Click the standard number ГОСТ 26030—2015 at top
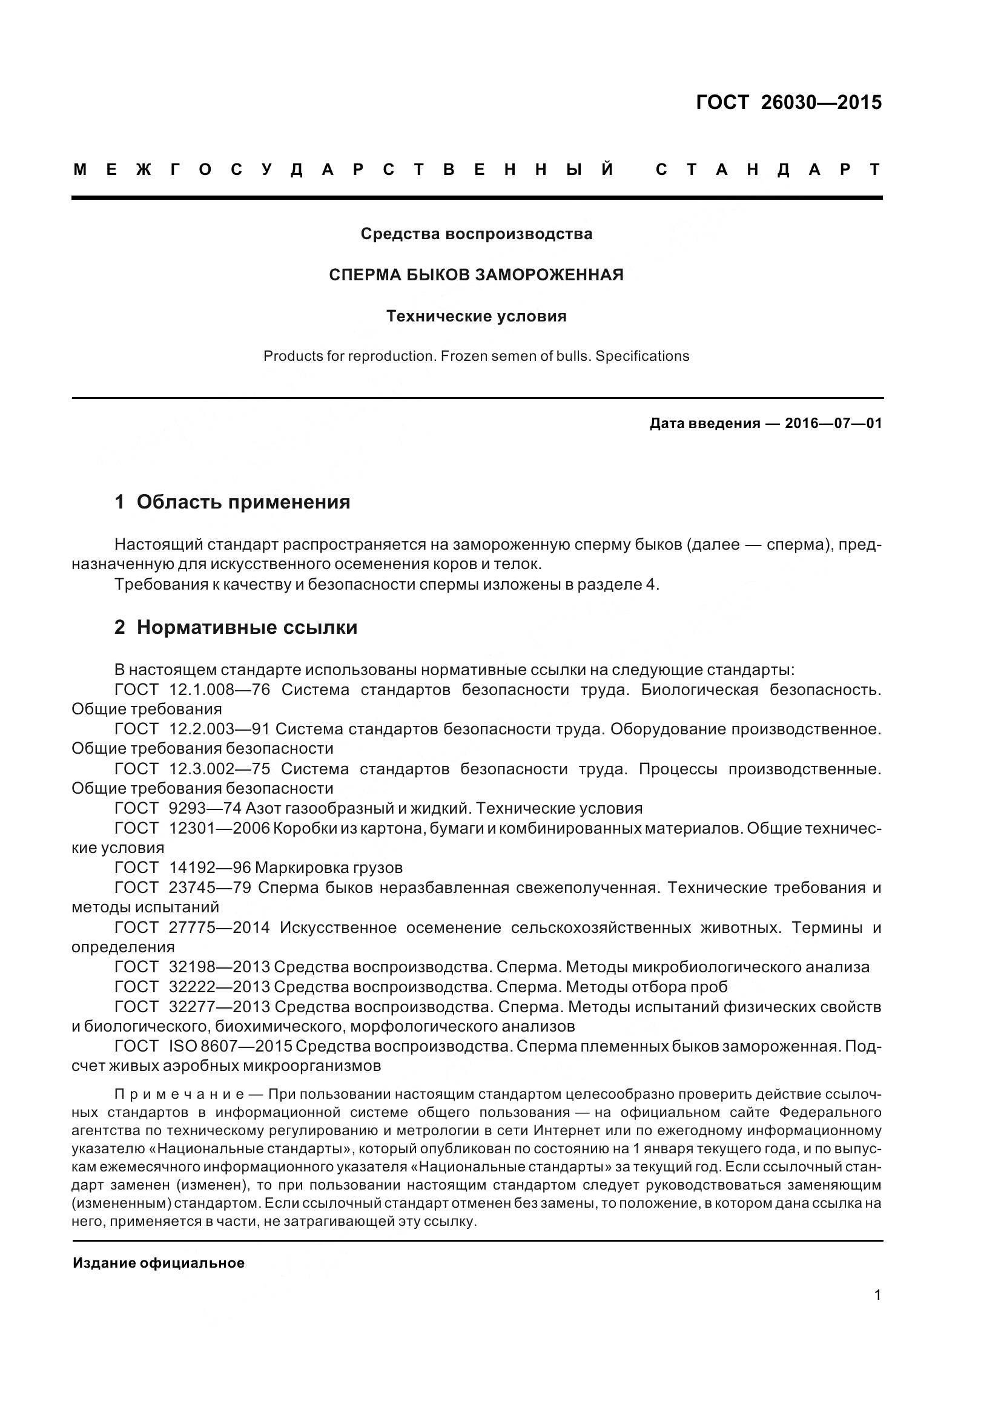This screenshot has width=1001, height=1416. click(x=788, y=102)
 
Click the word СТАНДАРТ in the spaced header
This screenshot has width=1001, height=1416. click(x=768, y=170)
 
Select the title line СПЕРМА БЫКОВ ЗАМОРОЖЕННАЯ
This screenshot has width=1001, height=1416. click(x=476, y=275)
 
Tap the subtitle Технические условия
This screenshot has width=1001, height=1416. click(x=476, y=317)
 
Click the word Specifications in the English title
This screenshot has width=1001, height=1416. click(x=642, y=357)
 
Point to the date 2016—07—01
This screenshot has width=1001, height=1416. click(x=833, y=424)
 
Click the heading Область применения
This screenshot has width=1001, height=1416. click(x=243, y=502)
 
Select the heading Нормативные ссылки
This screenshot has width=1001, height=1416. click(x=246, y=627)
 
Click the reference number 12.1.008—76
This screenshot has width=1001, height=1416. click(x=219, y=690)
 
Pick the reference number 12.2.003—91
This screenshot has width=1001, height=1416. click(x=219, y=729)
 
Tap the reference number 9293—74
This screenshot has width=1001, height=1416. click(x=204, y=809)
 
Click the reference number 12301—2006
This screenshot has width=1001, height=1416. click(x=219, y=828)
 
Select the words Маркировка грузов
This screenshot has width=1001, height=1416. click(x=328, y=868)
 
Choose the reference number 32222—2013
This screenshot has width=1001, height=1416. click(x=219, y=987)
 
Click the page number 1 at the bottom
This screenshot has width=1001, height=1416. click(x=877, y=1312)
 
